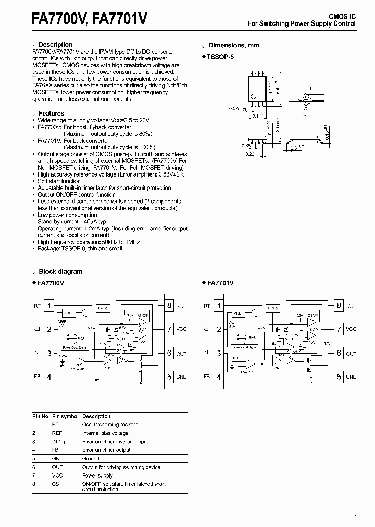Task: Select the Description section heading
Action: coord(55,45)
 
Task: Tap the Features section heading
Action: coord(52,113)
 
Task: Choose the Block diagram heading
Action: coord(60,271)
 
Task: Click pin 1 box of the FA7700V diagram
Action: coord(49,306)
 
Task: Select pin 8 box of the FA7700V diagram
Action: coord(169,306)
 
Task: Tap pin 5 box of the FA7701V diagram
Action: coord(339,376)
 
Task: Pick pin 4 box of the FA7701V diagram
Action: coord(219,376)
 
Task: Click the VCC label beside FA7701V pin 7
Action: coord(351,329)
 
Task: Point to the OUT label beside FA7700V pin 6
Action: coord(181,354)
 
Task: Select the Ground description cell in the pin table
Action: coord(91,458)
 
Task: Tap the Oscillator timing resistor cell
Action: coord(110,424)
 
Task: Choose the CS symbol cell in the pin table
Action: coord(55,484)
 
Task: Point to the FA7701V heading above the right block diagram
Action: coord(220,283)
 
